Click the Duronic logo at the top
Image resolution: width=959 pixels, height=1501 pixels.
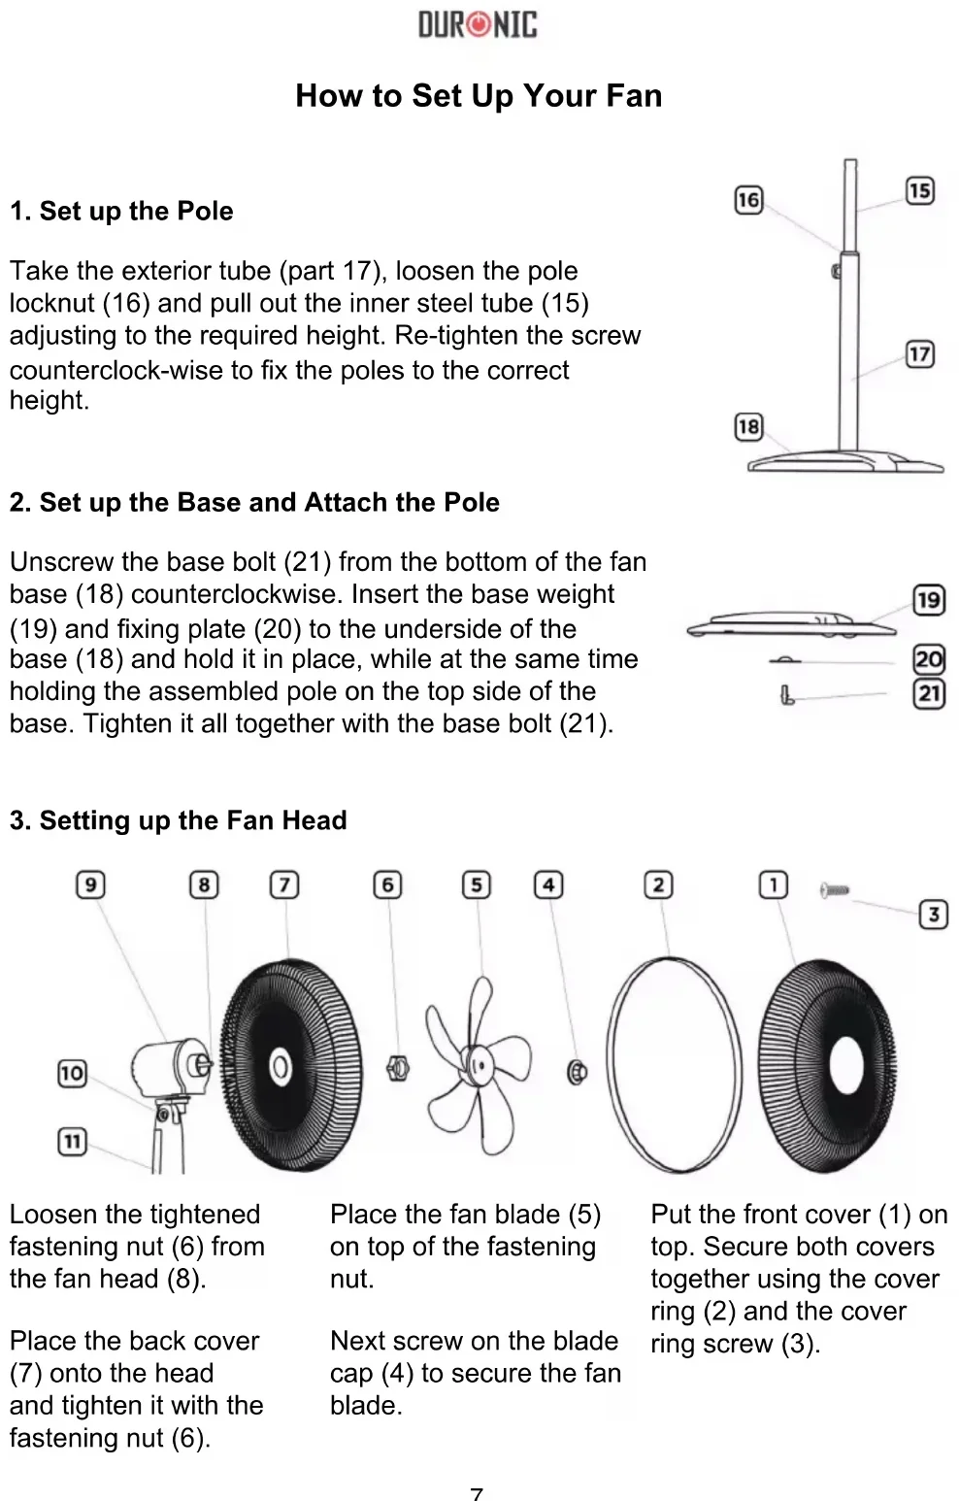[478, 24]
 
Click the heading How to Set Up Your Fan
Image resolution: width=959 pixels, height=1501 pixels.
[479, 95]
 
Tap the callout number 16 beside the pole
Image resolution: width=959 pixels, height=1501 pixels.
[748, 200]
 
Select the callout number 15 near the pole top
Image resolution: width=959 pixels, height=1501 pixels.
[920, 190]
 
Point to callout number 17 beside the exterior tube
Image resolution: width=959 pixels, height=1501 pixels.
[920, 354]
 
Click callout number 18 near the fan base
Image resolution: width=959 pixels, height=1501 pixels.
[748, 427]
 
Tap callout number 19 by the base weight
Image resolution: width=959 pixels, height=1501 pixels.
[929, 600]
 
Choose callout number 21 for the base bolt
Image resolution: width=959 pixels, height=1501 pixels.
[929, 693]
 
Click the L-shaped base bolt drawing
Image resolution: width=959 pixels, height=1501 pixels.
[787, 695]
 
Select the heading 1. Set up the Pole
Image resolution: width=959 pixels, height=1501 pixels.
[121, 212]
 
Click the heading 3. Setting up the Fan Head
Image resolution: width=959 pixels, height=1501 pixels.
[178, 820]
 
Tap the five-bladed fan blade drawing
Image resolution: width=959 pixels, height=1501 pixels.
[478, 1063]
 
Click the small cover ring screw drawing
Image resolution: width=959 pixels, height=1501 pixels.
[834, 889]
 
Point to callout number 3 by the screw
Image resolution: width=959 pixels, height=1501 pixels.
[933, 914]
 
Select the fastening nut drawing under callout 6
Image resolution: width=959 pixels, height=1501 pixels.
[397, 1069]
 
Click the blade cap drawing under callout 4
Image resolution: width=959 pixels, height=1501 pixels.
[577, 1072]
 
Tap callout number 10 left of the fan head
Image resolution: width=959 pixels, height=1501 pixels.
[72, 1073]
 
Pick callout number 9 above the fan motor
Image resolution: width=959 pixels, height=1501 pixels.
[90, 884]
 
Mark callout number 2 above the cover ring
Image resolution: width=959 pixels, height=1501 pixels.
[659, 884]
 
